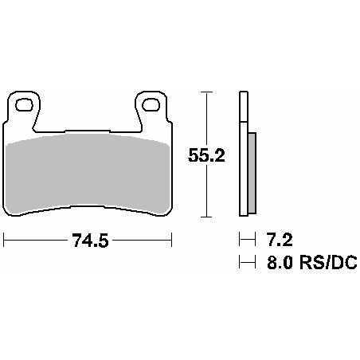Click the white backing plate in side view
pos(242,155)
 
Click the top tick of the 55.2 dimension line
pos(207,92)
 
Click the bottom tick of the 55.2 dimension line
pos(207,217)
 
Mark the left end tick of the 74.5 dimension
pos(4,239)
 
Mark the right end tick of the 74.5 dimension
pos(171,239)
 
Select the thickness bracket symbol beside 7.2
pos(245,238)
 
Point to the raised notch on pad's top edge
pos(88,131)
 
